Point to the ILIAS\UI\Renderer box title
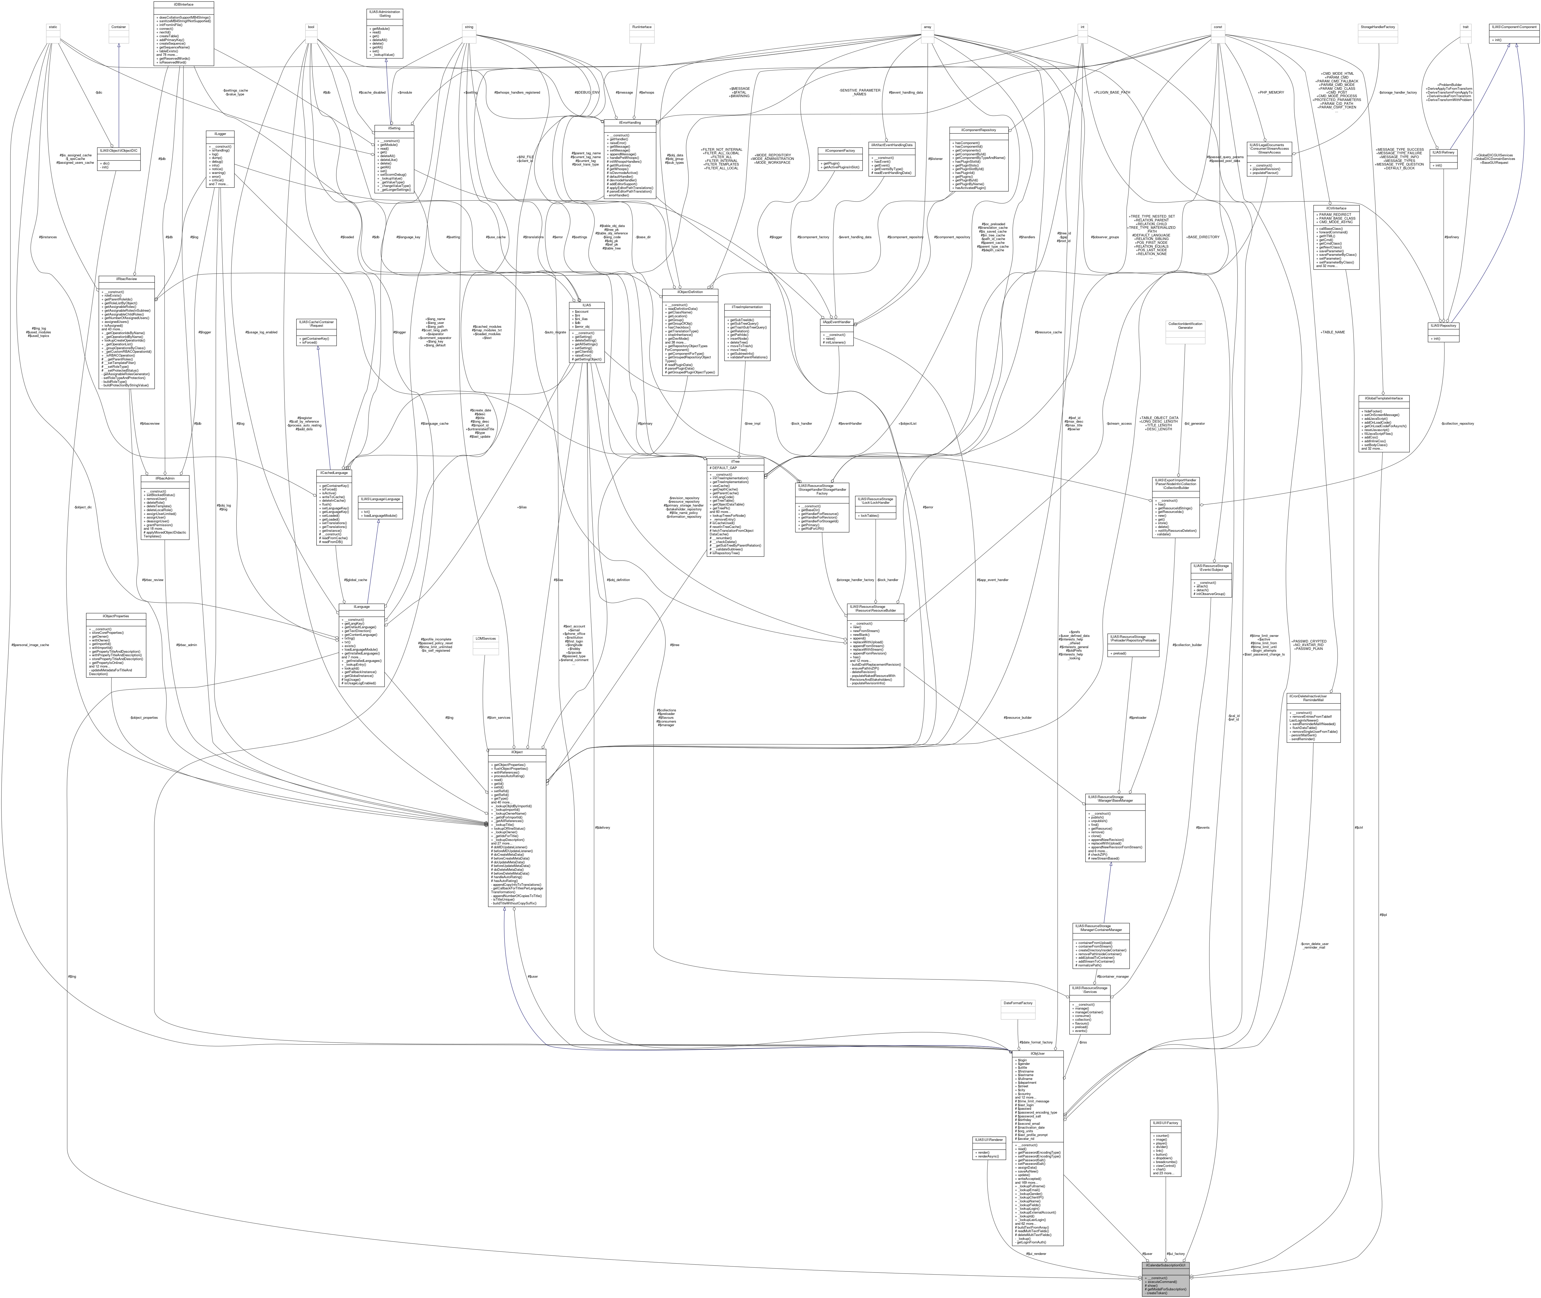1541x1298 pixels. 988,1140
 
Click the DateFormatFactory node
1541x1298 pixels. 1018,1003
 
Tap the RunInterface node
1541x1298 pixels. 642,27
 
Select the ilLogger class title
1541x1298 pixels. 220,134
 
